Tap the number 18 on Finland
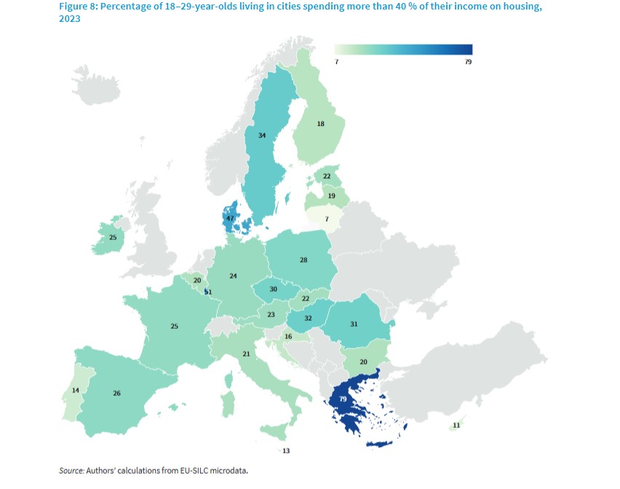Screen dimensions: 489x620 (x=320, y=124)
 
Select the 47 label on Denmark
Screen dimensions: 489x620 (x=230, y=218)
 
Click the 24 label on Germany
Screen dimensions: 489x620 (x=233, y=276)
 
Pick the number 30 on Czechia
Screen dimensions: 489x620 (x=274, y=289)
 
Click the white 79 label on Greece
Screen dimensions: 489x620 (x=342, y=399)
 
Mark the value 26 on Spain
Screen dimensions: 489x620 (x=116, y=393)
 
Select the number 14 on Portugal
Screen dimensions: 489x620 (x=76, y=390)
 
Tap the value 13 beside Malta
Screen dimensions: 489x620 (x=286, y=451)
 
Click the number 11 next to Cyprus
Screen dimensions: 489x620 (x=456, y=424)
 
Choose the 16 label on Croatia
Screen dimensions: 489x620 (x=288, y=336)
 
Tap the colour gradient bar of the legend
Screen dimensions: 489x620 (x=403, y=49)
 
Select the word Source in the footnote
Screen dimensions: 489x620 (x=71, y=471)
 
